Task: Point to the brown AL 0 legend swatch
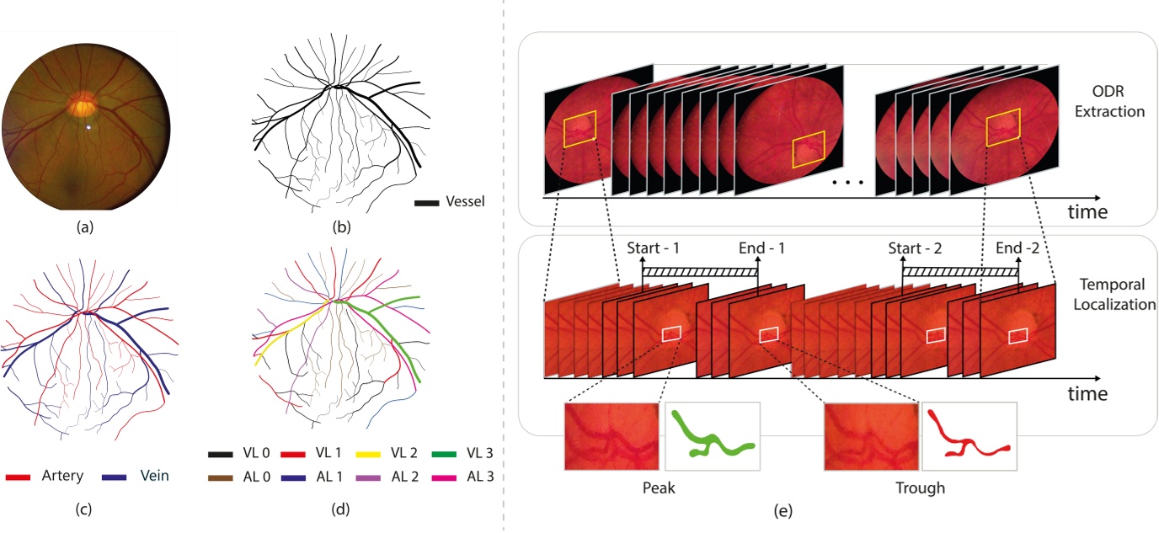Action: pos(222,477)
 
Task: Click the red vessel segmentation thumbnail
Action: pos(969,436)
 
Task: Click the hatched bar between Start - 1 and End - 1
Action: pos(699,273)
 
